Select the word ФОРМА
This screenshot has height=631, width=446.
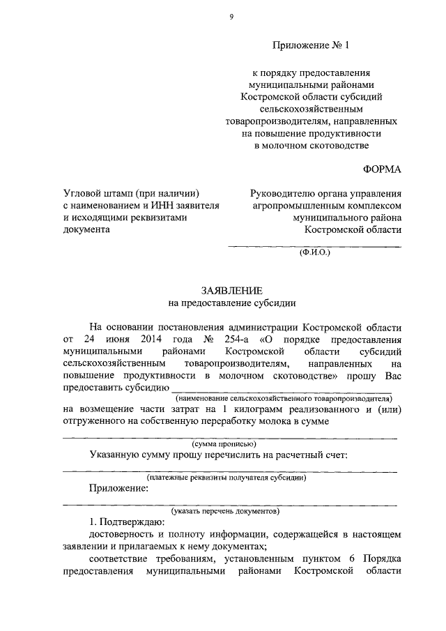pos(383,170)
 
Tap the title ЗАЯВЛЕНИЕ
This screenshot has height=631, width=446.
pos(231,291)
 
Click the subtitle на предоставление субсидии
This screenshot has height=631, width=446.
pos(231,303)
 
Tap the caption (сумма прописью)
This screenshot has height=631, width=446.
pos(224,443)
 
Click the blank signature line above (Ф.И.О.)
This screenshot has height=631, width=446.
pos(315,246)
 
